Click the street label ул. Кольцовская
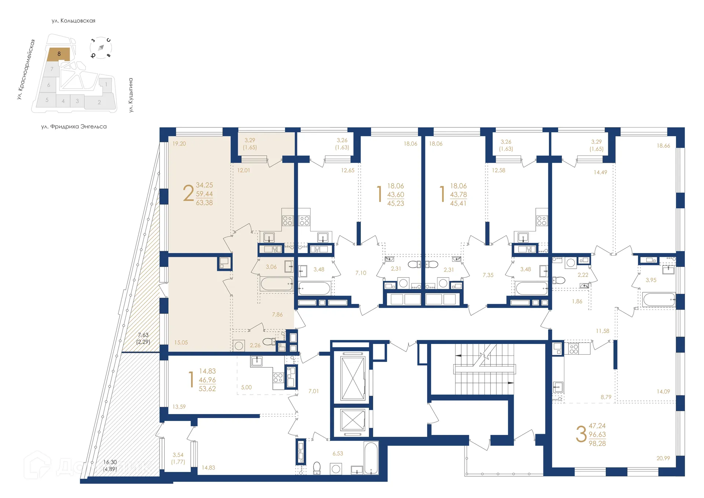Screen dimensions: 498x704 pyautogui.click(x=73, y=21)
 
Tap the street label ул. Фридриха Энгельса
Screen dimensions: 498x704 pyautogui.click(x=74, y=127)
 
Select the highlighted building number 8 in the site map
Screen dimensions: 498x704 pyautogui.click(x=59, y=54)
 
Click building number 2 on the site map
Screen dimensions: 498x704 pyautogui.click(x=99, y=102)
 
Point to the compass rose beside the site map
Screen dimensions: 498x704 pyautogui.click(x=100, y=48)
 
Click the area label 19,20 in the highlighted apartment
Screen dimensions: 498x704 pyautogui.click(x=179, y=144)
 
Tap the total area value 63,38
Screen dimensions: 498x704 pyautogui.click(x=204, y=203)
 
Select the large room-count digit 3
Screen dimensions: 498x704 pyautogui.click(x=581, y=435)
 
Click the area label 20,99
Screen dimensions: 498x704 pyautogui.click(x=663, y=458)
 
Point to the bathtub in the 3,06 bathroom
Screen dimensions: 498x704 pyautogui.click(x=276, y=284)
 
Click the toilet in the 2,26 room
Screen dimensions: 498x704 pyautogui.click(x=269, y=342)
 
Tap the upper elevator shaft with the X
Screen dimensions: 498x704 pyautogui.click(x=353, y=378)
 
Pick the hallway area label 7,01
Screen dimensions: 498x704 pyautogui.click(x=313, y=391)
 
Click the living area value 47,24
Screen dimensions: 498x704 pyautogui.click(x=597, y=426)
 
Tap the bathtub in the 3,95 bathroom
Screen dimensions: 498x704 pyautogui.click(x=659, y=300)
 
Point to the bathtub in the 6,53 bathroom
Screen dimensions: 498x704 pyautogui.click(x=371, y=458)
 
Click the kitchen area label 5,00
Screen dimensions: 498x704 pyautogui.click(x=246, y=387)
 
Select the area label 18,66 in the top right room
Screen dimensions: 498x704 pyautogui.click(x=663, y=146)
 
